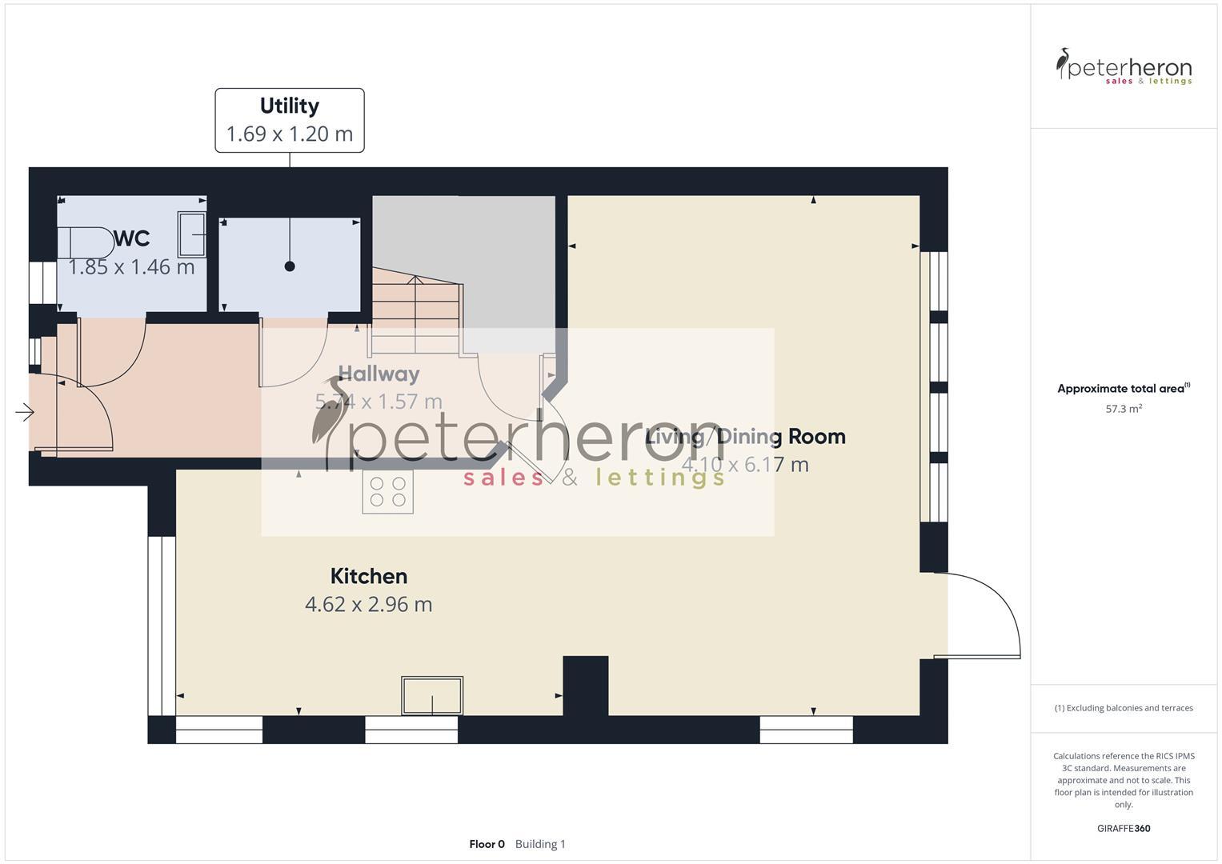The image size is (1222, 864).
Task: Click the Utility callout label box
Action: (x=289, y=120)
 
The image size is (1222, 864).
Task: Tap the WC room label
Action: (x=132, y=238)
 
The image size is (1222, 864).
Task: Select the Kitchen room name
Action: (x=368, y=576)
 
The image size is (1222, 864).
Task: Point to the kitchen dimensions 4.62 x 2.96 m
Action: (x=368, y=604)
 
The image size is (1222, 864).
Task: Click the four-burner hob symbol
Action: (x=387, y=491)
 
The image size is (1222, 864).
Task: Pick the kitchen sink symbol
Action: (x=432, y=695)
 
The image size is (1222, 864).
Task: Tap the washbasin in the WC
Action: (x=191, y=234)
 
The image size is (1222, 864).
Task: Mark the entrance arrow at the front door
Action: (x=24, y=413)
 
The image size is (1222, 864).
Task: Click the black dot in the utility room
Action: (x=290, y=266)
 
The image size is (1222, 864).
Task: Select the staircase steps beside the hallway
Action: (x=415, y=312)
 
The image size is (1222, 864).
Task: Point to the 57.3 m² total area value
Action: (x=1124, y=409)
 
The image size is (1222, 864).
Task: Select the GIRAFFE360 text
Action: (x=1124, y=828)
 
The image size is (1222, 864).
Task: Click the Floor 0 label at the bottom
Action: (x=487, y=844)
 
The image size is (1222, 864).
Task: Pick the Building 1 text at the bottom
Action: (x=540, y=844)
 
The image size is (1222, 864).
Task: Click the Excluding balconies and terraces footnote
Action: (x=1124, y=708)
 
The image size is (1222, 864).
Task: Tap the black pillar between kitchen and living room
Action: (x=586, y=685)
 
